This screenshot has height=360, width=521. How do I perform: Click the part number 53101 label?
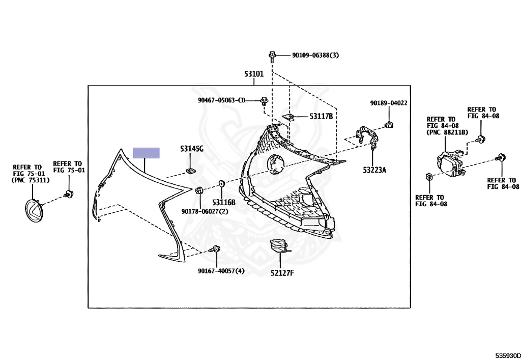(x=254, y=74)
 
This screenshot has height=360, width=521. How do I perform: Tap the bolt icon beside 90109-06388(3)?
(x=272, y=55)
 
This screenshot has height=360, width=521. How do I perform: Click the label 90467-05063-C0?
(x=221, y=100)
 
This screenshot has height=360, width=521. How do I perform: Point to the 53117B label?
(x=321, y=117)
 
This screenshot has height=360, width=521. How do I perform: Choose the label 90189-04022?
(x=389, y=103)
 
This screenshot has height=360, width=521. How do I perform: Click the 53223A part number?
(x=374, y=170)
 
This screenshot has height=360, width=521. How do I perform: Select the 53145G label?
(x=191, y=149)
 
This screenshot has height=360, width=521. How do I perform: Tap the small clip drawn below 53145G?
(x=191, y=170)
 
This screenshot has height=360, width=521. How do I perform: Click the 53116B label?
(x=224, y=202)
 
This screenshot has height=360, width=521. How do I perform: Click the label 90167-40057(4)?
(x=221, y=271)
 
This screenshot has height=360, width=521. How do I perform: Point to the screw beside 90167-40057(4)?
(x=216, y=250)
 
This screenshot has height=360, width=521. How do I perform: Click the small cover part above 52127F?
(x=278, y=245)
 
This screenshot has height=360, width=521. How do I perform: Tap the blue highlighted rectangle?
(x=146, y=153)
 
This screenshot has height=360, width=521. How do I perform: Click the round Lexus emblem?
(x=35, y=210)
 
